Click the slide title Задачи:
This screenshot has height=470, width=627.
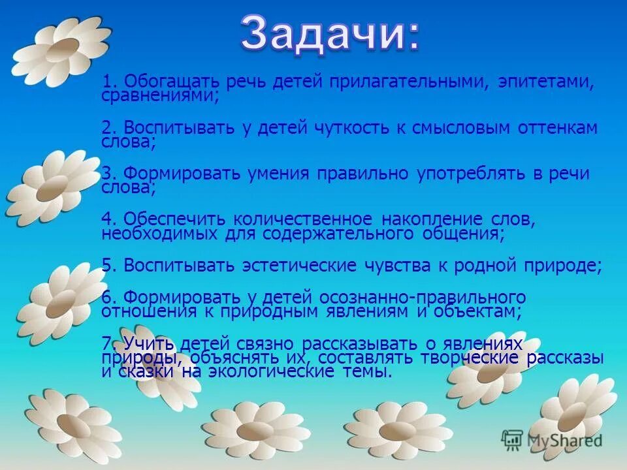coord(330,33)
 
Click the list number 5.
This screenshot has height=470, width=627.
coord(109,266)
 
